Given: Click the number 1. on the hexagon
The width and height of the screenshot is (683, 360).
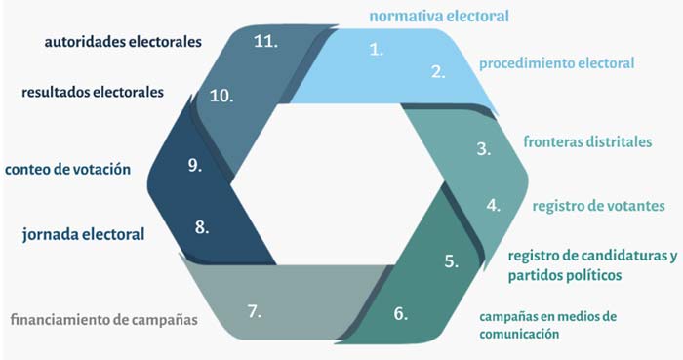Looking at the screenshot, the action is [x=377, y=50].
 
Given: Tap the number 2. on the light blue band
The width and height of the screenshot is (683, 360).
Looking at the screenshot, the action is [x=439, y=72].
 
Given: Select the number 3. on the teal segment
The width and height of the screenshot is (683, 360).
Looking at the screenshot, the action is [x=484, y=149].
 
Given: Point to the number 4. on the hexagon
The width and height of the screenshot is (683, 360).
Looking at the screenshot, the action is [x=494, y=205].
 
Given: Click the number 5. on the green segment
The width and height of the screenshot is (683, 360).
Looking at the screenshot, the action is [x=452, y=260].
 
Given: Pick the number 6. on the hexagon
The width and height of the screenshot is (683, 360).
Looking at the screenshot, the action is [x=401, y=313].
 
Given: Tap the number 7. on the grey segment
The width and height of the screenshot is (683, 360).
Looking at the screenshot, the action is [x=255, y=311].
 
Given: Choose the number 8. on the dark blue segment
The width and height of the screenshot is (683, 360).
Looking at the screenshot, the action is [x=202, y=226].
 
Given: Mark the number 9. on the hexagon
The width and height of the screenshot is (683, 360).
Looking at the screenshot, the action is [x=195, y=165].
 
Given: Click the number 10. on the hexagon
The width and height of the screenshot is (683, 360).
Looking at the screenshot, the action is [x=221, y=96].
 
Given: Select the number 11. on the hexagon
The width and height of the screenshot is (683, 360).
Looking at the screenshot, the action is [x=265, y=41].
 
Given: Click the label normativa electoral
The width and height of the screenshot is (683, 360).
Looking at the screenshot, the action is [x=439, y=17].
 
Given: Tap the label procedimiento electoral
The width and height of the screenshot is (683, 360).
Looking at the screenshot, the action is [x=557, y=63].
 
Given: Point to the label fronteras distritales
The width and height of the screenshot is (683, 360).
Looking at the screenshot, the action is [x=587, y=141].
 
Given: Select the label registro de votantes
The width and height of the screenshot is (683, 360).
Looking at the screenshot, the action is [x=598, y=206].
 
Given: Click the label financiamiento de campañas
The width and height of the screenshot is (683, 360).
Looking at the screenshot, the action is [x=104, y=320].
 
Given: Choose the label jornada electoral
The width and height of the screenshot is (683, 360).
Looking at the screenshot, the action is [x=84, y=234].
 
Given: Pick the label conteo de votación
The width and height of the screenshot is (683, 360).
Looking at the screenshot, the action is [x=68, y=170].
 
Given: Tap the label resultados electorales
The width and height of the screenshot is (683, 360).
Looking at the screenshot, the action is [x=93, y=93].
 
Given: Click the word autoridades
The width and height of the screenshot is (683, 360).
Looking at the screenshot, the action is [x=86, y=42].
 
